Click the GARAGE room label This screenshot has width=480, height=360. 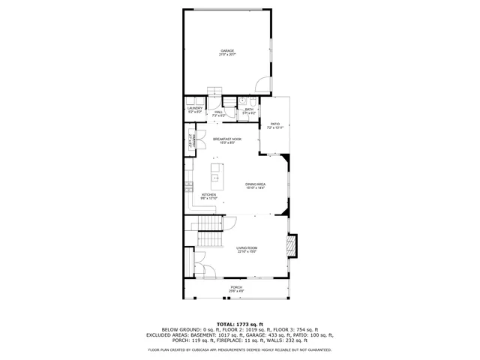pos(226,50)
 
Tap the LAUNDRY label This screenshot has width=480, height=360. pos(195,108)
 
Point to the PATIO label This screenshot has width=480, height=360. pos(274,124)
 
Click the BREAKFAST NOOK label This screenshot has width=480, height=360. pos(226,139)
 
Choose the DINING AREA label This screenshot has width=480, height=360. pos(256,184)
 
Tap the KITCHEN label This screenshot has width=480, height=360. pos(208,194)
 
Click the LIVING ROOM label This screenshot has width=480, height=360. pos(247,248)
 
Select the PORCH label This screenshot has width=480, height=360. pos(236,287)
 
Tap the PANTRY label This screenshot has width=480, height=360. pos(192,139)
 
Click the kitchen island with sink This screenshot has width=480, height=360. pos(215,178)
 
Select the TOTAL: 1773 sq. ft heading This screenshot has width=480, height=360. pos(239,322)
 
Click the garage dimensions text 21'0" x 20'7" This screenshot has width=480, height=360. pos(226,55)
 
